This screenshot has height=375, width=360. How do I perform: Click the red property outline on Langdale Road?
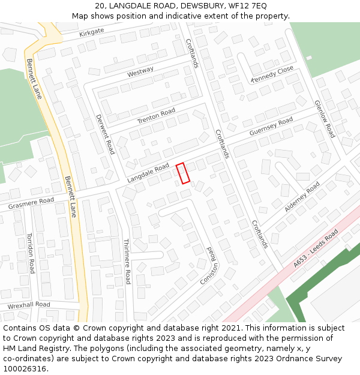click(x=183, y=173)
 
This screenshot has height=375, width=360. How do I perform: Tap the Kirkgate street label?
click(x=91, y=32)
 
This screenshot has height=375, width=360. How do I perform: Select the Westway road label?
click(x=140, y=72)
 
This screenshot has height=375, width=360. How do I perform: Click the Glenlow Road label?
click(x=325, y=119)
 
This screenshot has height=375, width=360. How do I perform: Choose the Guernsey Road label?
click(x=271, y=127)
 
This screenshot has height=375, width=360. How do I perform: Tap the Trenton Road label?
click(x=156, y=116)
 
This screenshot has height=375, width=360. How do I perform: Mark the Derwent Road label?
click(x=105, y=134)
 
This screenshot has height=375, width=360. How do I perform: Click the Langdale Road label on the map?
click(x=148, y=173)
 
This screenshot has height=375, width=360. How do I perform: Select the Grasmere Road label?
click(x=31, y=203)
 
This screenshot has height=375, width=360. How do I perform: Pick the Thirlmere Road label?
click(x=127, y=262)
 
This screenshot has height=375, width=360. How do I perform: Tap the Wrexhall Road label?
click(x=29, y=305)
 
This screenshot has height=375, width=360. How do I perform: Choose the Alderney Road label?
click(x=302, y=197)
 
